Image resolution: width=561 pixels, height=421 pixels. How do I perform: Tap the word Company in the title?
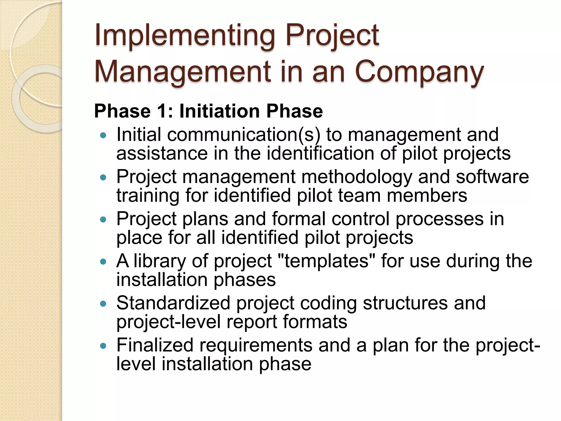pyautogui.click(x=419, y=72)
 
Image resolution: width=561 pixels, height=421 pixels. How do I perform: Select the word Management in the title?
pyautogui.click(x=182, y=72)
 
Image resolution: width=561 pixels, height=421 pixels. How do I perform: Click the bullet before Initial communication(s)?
pyautogui.click(x=103, y=135)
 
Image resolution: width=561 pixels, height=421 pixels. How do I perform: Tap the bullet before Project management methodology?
pyautogui.click(x=103, y=178)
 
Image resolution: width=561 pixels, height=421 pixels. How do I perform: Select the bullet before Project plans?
pyautogui.click(x=103, y=220)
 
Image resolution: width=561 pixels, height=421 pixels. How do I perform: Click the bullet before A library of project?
pyautogui.click(x=103, y=262)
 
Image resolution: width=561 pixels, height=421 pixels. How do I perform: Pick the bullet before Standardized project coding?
pyautogui.click(x=103, y=304)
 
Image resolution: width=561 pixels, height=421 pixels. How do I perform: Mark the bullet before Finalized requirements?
pyautogui.click(x=103, y=346)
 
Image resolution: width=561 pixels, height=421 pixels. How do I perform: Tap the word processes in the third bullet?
pyautogui.click(x=439, y=219)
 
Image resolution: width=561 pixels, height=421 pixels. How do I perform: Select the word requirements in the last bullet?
pyautogui.click(x=256, y=346)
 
